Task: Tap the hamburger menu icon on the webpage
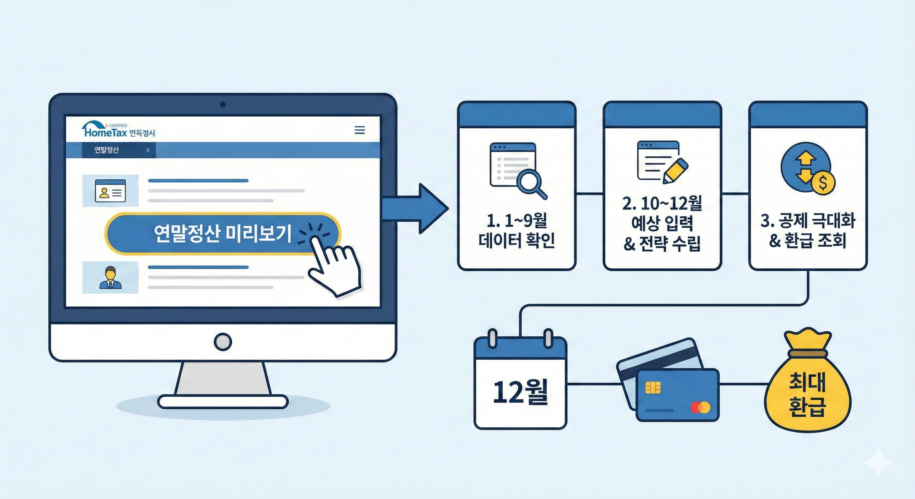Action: (x=359, y=130)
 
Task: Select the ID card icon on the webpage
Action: (x=110, y=191)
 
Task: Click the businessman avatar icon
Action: (x=110, y=278)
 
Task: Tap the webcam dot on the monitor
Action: (x=223, y=104)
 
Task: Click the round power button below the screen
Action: (x=223, y=342)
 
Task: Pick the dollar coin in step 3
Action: (x=823, y=183)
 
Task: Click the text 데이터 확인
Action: (x=517, y=240)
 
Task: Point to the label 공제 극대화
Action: (x=808, y=221)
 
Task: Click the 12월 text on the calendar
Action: (x=520, y=392)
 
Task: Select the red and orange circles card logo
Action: (x=700, y=407)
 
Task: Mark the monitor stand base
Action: (x=223, y=402)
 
